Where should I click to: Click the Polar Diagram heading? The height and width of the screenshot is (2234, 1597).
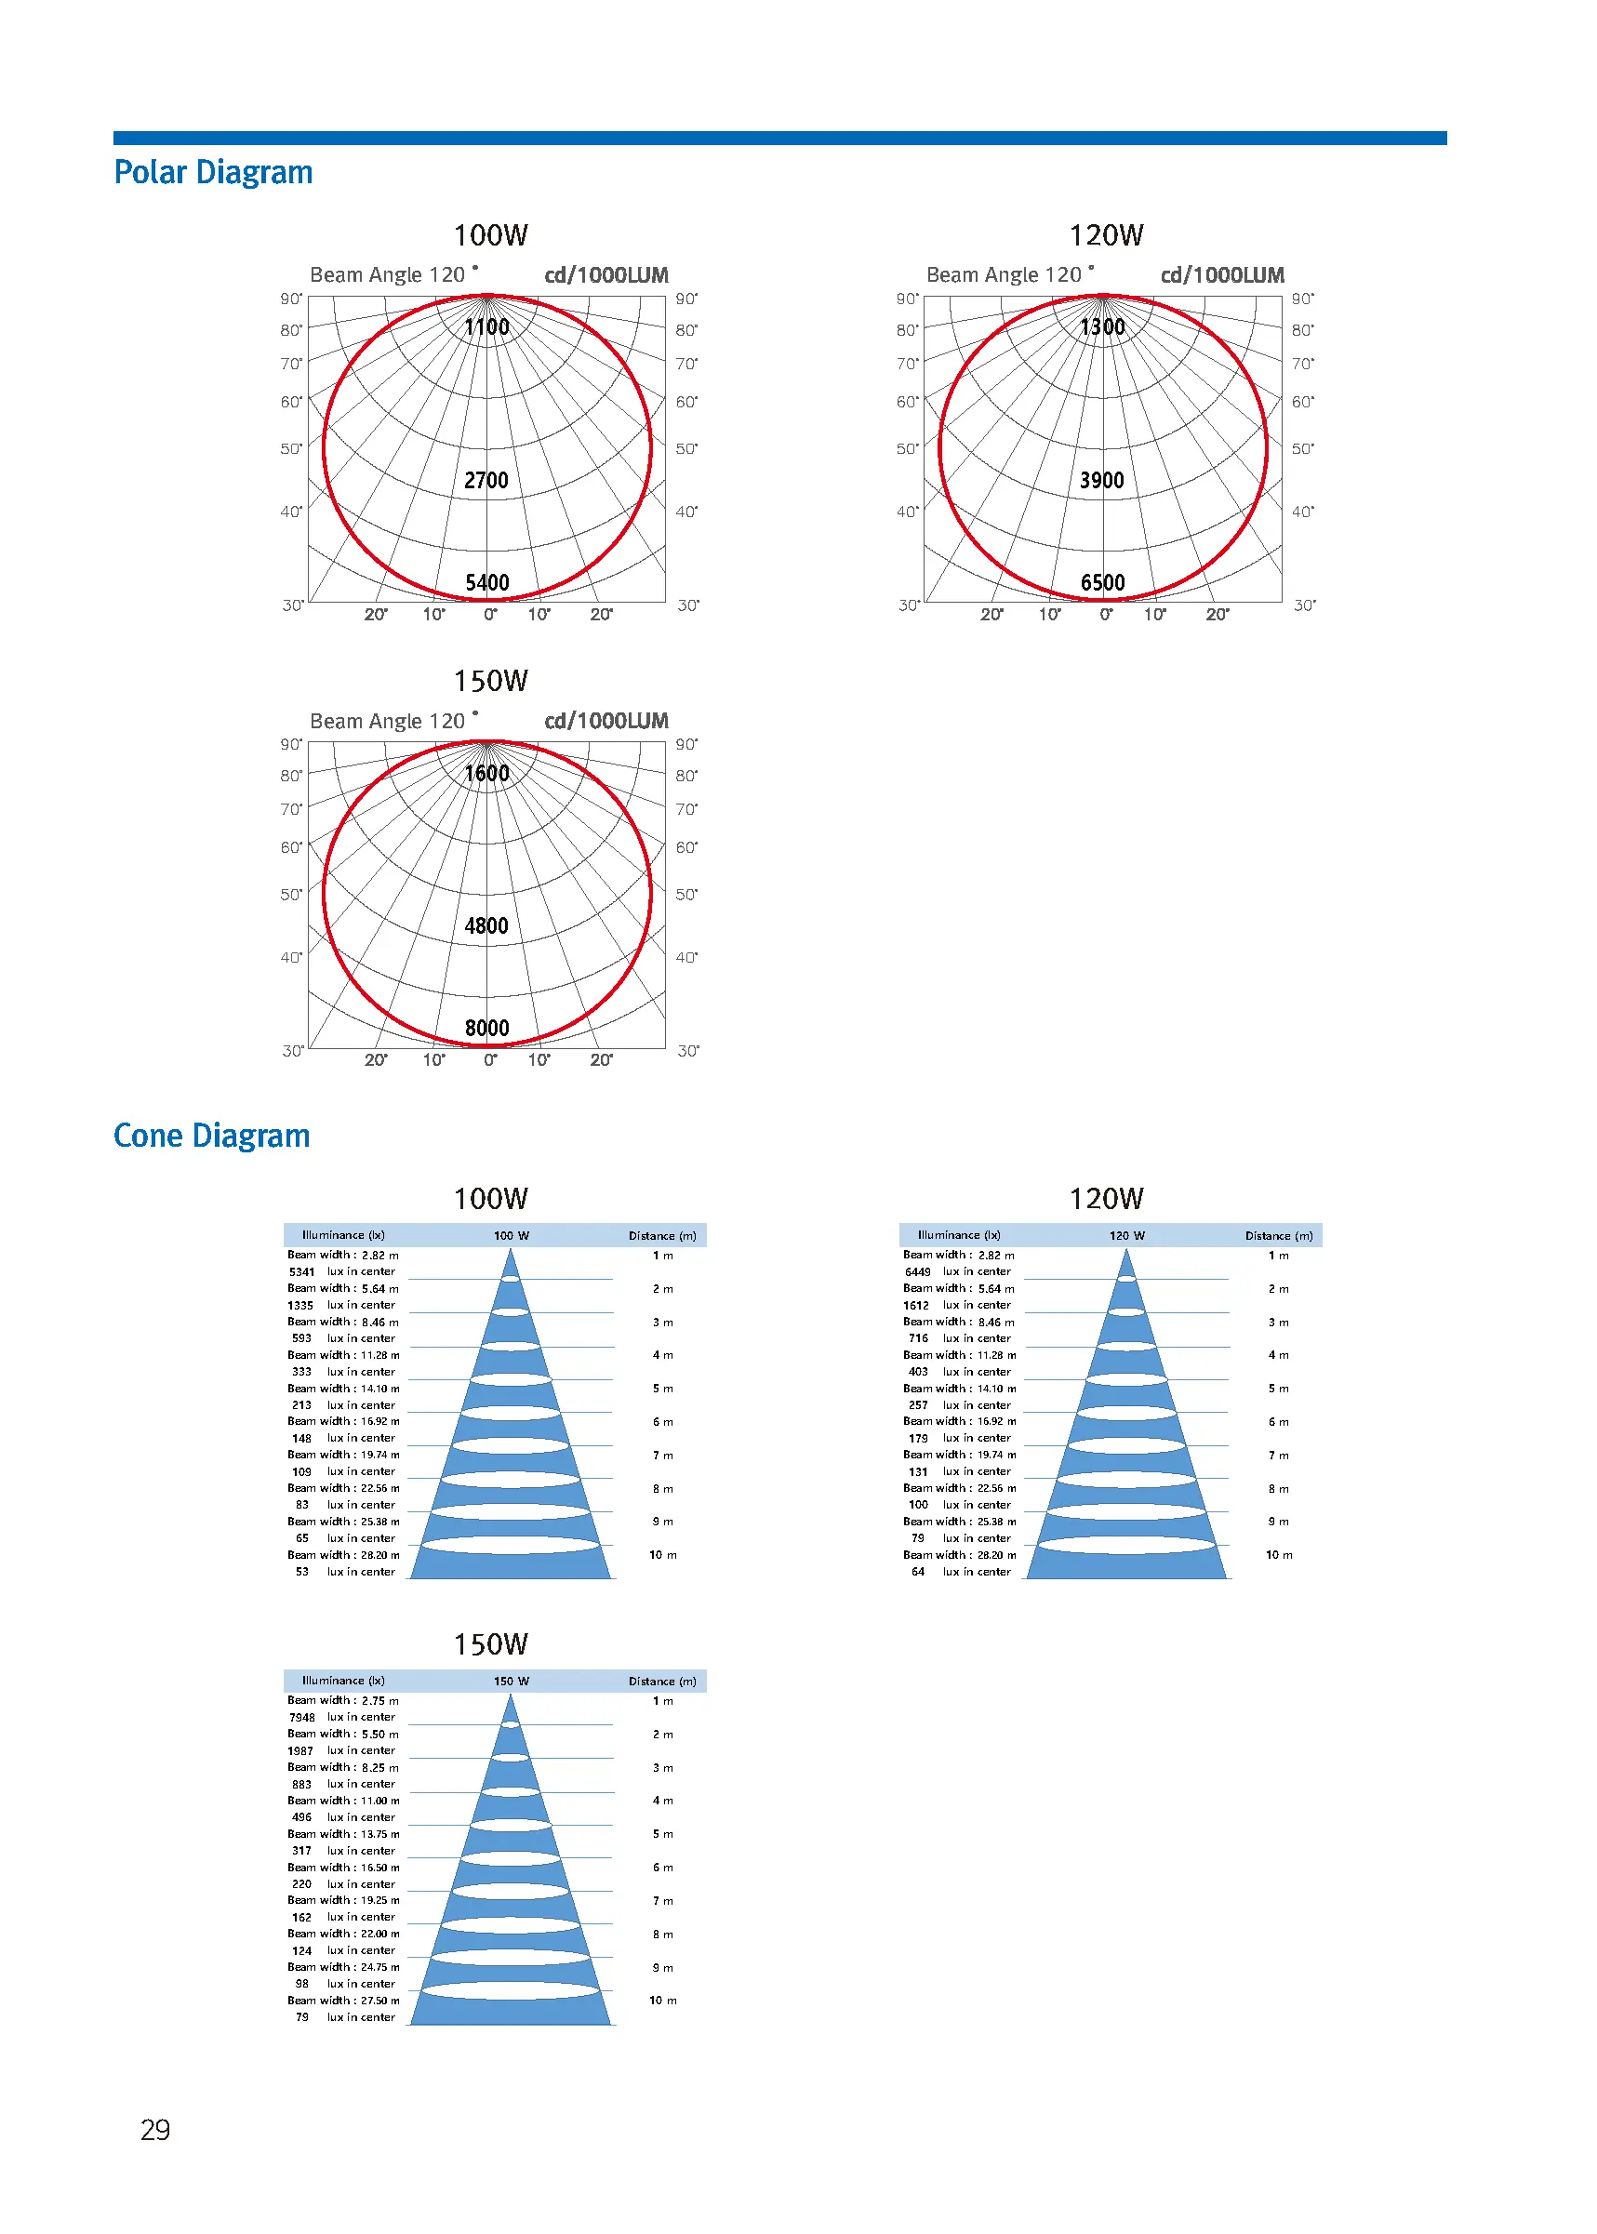coord(213,172)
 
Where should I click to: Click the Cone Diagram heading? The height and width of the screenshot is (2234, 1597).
coord(211,1136)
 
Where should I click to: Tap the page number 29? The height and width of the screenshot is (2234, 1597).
coord(155,2130)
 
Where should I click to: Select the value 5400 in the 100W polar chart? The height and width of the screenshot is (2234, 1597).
coord(486,582)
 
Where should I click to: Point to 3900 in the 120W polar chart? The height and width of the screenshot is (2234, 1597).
coord(1101,480)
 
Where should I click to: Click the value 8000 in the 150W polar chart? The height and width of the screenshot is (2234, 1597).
coord(486,1028)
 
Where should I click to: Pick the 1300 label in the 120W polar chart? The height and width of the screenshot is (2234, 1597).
coord(1102,326)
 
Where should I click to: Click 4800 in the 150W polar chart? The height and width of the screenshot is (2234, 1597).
coord(486,925)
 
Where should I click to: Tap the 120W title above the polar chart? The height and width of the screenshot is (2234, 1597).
coord(1106,235)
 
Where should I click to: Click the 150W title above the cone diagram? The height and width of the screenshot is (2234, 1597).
coord(491,1644)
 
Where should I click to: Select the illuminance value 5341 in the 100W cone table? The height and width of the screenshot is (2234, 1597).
coord(302,1271)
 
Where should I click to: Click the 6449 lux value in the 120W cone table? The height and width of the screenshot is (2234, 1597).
coord(917,1271)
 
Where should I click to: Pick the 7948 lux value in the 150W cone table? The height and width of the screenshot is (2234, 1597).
coord(302,1718)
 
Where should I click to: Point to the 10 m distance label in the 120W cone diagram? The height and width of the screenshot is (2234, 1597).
coord(1280,1554)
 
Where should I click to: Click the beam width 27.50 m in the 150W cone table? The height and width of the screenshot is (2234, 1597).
coord(379,2000)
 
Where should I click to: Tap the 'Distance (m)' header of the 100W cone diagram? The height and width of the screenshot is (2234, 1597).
coord(662,1236)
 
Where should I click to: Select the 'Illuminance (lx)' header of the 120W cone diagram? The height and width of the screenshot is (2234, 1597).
coord(959,1235)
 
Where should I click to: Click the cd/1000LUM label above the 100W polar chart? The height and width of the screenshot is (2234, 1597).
coord(606,275)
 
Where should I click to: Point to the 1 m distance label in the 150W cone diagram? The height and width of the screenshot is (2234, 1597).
coord(663,1701)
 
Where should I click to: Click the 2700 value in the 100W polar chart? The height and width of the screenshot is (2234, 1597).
coord(486,480)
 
